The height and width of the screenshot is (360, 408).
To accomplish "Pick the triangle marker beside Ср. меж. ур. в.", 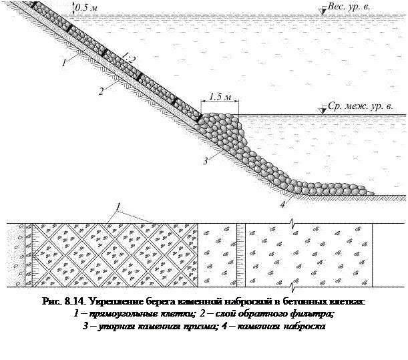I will pyautogui.click(x=323, y=108).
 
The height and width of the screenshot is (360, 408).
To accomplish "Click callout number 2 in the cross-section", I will pyautogui.click(x=99, y=92).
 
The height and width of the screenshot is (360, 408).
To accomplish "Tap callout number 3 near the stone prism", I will pyautogui.click(x=206, y=160).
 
